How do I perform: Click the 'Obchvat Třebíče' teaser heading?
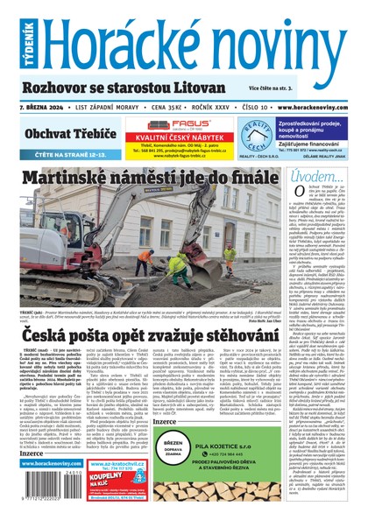pyautogui.click(x=70, y=133)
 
